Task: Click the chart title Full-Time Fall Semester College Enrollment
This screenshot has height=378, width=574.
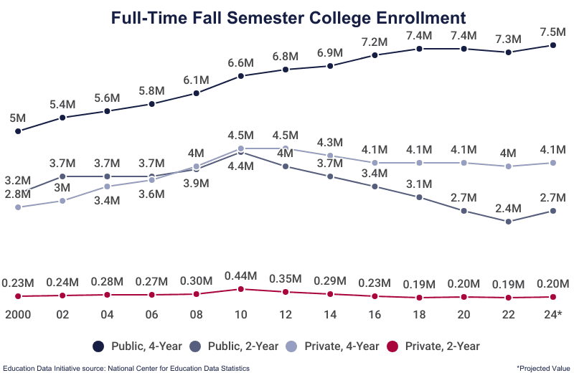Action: click(288, 17)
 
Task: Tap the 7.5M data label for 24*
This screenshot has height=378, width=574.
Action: click(552, 32)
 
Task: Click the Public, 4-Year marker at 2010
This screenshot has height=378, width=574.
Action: click(241, 76)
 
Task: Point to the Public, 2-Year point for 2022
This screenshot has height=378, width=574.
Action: click(508, 222)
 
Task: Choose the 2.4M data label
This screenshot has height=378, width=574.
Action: click(508, 209)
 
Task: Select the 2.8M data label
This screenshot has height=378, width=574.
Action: click(17, 194)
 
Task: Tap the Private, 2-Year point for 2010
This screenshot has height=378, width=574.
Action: click(241, 289)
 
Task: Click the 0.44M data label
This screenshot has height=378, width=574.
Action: click(241, 275)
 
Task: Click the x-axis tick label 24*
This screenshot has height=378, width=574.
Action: click(552, 315)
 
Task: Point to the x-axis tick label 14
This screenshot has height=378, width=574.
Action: click(330, 315)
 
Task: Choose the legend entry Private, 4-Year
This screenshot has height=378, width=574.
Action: click(341, 346)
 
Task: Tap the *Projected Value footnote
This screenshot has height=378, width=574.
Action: click(542, 368)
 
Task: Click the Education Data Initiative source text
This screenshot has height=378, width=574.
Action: click(126, 368)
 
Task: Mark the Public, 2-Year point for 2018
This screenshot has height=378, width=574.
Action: click(419, 197)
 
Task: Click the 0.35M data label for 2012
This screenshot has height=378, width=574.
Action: click(286, 278)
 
